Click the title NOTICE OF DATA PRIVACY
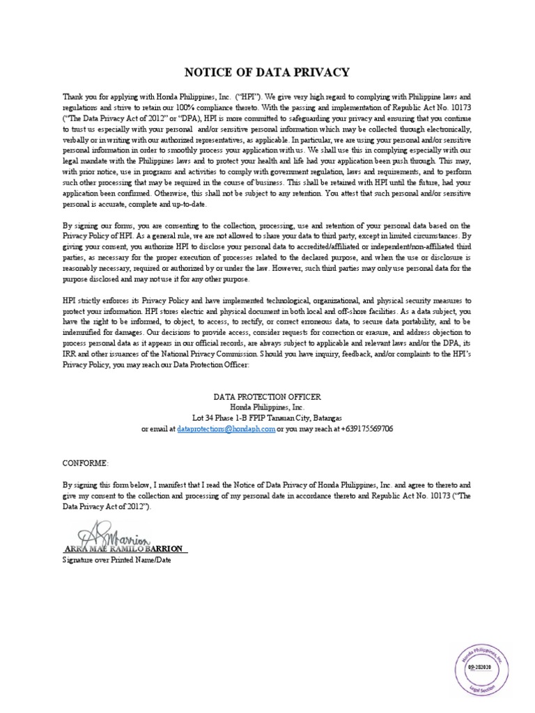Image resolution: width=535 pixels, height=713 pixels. click(267, 72)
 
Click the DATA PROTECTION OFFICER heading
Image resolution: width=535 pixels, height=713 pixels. click(267, 396)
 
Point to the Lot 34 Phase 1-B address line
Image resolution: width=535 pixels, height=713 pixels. click(267, 418)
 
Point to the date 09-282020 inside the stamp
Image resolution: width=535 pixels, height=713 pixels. click(486, 667)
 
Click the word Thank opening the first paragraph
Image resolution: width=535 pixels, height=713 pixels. click(75, 95)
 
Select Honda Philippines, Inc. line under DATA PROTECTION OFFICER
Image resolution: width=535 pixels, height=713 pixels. click(267, 407)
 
